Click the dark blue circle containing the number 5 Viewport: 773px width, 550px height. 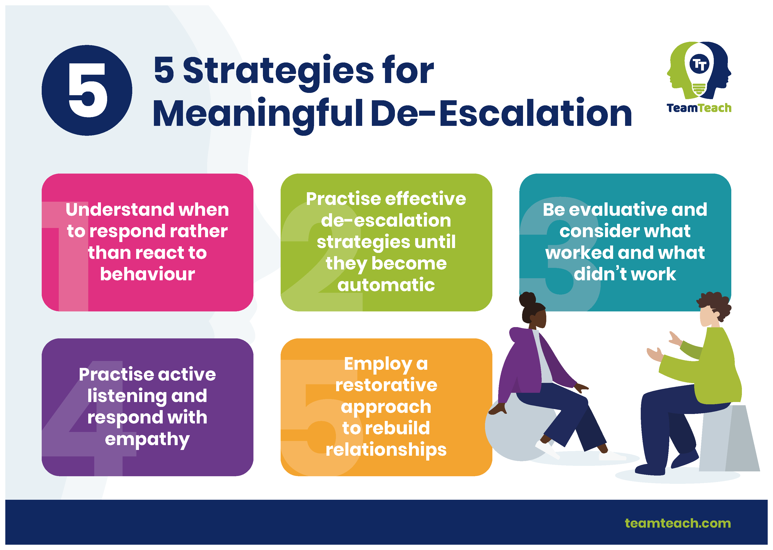[87, 90]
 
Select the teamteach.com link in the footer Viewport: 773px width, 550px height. [678, 523]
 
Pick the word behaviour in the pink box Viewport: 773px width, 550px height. [147, 274]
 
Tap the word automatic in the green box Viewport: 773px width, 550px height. [386, 285]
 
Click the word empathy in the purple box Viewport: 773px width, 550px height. [147, 440]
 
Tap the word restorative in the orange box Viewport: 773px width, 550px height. [386, 385]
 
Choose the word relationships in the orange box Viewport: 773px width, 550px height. [386, 450]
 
